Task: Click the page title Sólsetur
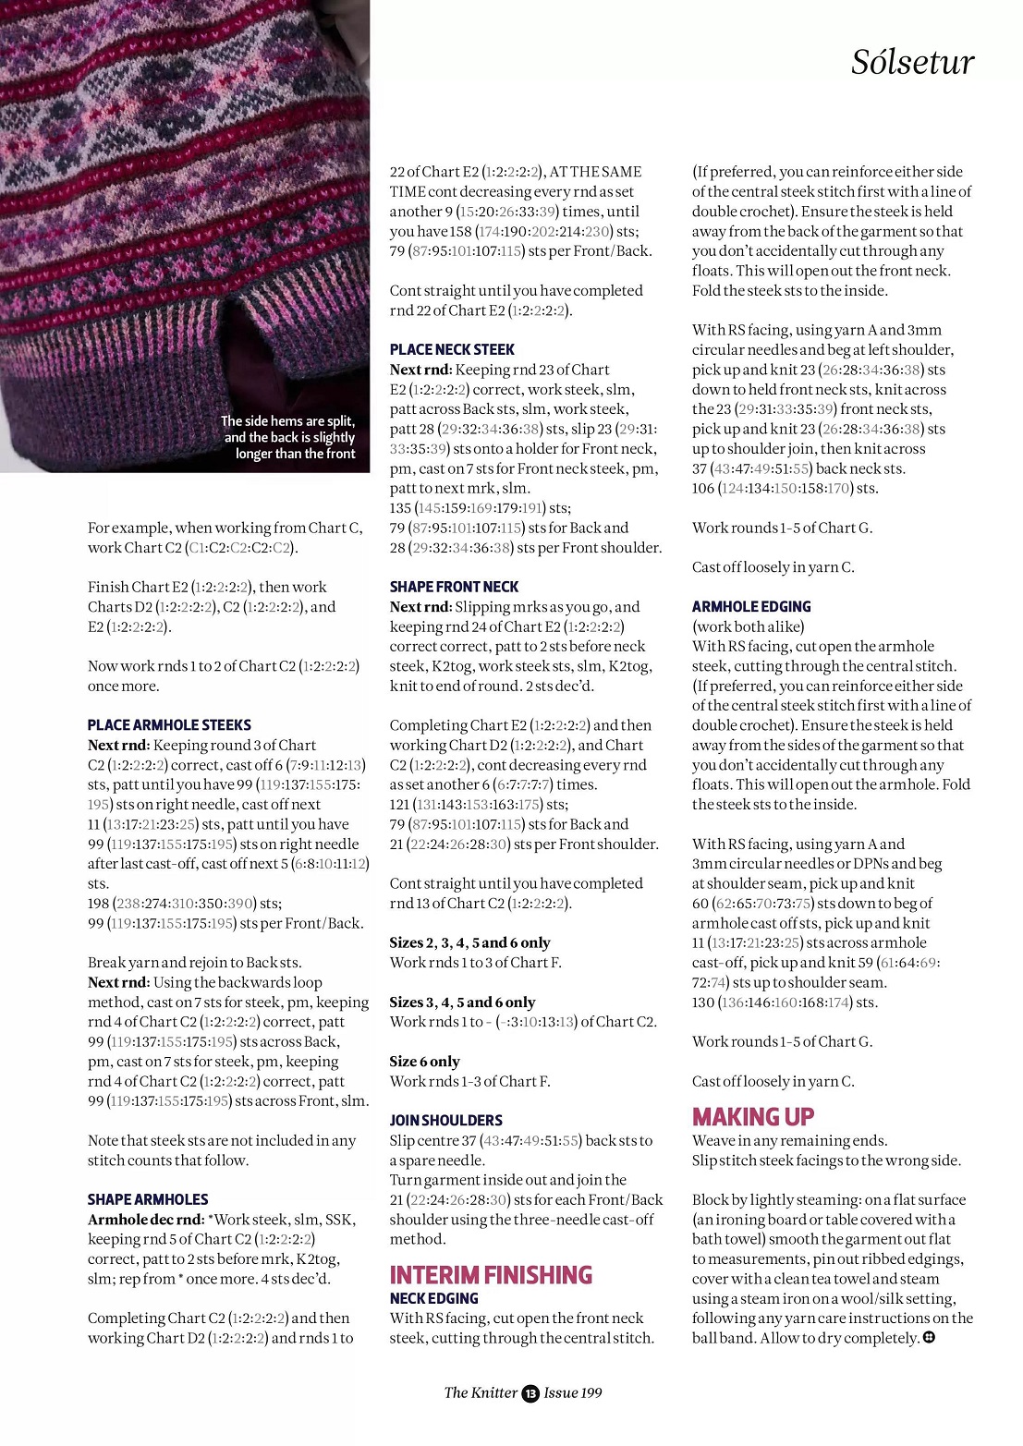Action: coord(912,63)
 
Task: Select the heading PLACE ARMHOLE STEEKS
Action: coord(169,725)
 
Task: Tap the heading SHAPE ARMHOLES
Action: coord(148,1199)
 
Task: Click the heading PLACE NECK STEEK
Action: coord(452,349)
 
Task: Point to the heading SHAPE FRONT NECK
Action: coord(454,587)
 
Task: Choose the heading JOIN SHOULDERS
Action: coord(445,1120)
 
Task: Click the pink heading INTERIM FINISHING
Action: coord(491,1275)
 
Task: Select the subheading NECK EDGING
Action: coord(433,1298)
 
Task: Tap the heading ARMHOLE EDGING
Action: coord(751,606)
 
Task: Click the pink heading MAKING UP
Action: coord(753,1117)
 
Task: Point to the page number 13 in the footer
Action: coord(530,1393)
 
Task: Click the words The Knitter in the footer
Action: coord(481,1392)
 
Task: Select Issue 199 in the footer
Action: coord(573,1392)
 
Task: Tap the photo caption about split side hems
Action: coord(289,437)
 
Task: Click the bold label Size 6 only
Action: coord(424,1062)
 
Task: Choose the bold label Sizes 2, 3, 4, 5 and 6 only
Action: coord(469,942)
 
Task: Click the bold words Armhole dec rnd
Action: coord(145,1220)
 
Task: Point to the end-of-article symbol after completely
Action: coord(929,1337)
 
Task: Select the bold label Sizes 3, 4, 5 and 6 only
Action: coord(462,1002)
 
